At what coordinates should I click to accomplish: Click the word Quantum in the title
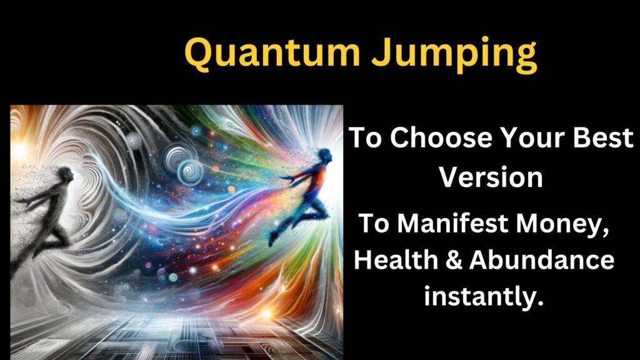272,53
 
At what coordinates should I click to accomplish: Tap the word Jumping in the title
454,56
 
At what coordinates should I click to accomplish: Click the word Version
491,177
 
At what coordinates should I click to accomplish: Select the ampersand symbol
453,260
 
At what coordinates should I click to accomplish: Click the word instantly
484,296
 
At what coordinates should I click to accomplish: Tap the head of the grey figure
66,176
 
